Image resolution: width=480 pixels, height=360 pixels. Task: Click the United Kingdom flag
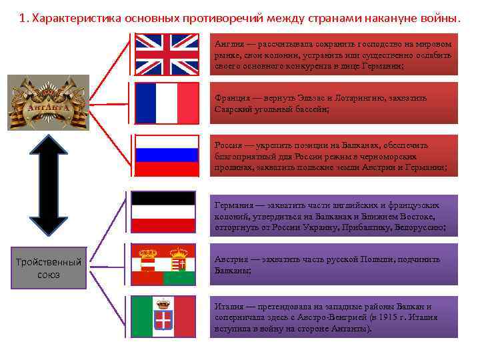tap(167, 53)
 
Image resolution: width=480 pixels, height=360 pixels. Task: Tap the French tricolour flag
tap(167, 103)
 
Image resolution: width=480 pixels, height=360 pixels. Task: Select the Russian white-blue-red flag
tap(167, 155)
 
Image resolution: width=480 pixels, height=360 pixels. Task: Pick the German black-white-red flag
tap(163, 212)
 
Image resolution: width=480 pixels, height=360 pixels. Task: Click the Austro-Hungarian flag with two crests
tap(163, 265)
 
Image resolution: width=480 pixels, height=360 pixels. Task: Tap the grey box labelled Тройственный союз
tap(49, 267)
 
